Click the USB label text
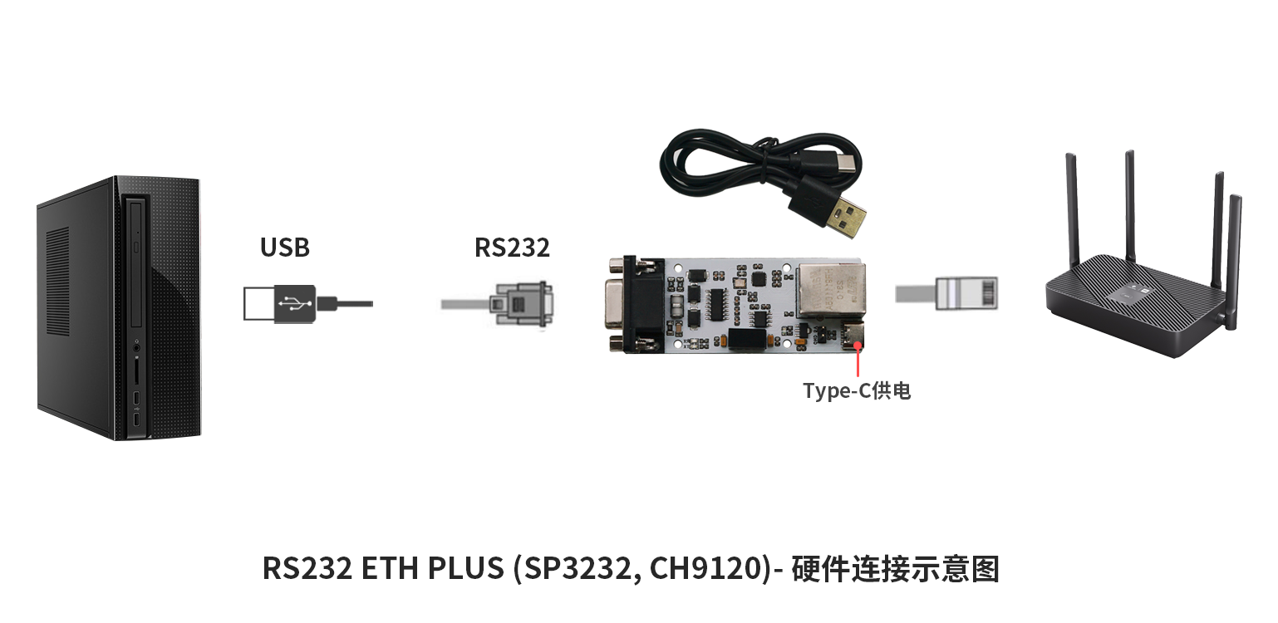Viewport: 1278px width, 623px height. [x=285, y=247]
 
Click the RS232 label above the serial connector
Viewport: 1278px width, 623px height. [x=512, y=247]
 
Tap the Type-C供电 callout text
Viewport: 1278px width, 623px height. [x=857, y=390]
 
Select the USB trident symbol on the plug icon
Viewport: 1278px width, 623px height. [x=294, y=303]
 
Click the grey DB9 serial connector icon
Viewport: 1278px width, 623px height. [x=520, y=303]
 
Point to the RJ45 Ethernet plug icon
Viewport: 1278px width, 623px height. [x=966, y=294]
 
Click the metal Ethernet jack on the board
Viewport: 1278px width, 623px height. [x=831, y=290]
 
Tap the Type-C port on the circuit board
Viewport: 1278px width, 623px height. [x=853, y=336]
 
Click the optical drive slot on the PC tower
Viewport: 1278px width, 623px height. [x=136, y=262]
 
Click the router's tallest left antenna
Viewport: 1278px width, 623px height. [x=1071, y=208]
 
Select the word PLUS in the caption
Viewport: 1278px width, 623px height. [x=465, y=568]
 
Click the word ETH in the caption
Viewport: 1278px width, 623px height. [x=390, y=568]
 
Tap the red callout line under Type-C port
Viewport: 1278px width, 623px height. [x=858, y=361]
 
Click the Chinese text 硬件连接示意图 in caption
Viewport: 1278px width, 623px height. [x=896, y=569]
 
